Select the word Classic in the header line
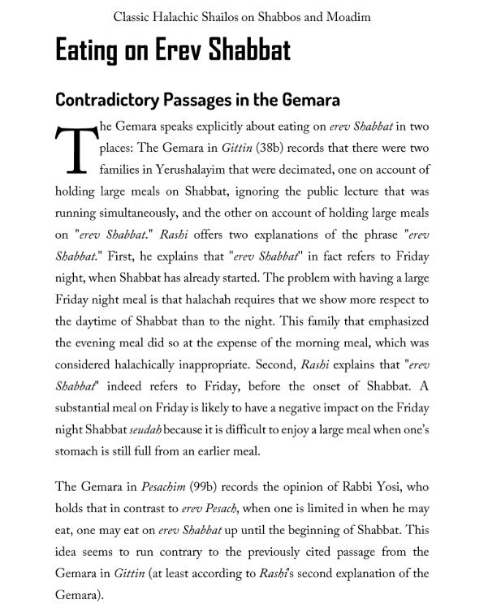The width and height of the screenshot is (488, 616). [x=135, y=16]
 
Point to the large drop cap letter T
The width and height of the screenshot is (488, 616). [x=71, y=150]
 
